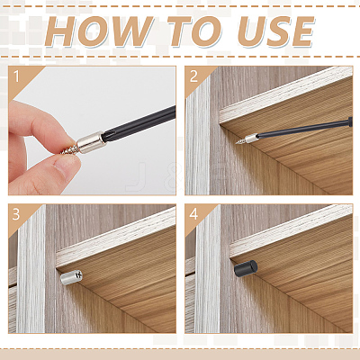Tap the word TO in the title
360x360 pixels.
tap(194, 31)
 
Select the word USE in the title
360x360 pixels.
tap(275, 31)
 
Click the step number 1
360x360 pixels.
tap(16, 76)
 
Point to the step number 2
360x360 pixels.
tap(193, 76)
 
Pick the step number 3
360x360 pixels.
tap(16, 214)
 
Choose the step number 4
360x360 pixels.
tap(193, 214)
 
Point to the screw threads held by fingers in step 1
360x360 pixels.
tap(69, 148)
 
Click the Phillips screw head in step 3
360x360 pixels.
tap(78, 274)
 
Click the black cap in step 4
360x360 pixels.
tap(246, 268)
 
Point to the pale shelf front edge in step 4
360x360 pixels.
tap(291, 231)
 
